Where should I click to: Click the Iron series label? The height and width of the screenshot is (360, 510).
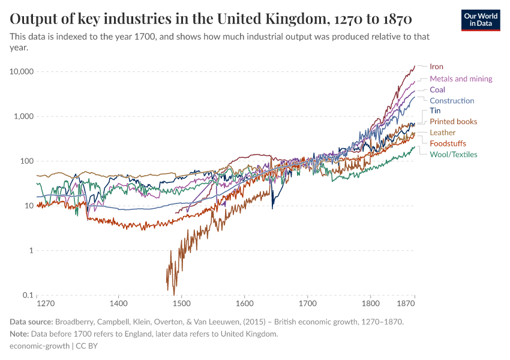point(436,67)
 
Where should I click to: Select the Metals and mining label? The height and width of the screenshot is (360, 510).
point(461,79)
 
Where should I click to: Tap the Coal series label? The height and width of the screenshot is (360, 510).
point(437,89)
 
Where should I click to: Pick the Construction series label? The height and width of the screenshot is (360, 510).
point(452,101)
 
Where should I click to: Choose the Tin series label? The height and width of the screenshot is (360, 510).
point(435,111)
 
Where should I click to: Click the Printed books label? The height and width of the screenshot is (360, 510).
point(453,122)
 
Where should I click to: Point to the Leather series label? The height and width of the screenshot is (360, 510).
point(442,133)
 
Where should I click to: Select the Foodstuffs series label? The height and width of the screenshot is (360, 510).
point(448,143)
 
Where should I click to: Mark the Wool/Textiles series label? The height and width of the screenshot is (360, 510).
point(453,154)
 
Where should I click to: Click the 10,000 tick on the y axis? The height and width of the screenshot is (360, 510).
point(21,71)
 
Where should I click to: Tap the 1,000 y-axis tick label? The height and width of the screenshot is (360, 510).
point(23,116)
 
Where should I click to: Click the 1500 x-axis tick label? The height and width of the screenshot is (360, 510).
point(182,304)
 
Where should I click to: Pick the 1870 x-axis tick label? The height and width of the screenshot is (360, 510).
point(406,304)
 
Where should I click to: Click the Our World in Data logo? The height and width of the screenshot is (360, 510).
point(481,20)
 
